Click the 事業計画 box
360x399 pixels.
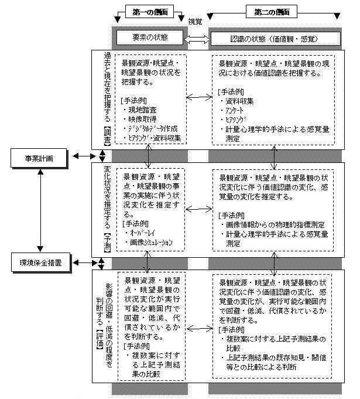pos(41,157)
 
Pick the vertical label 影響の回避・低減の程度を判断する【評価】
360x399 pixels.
pos(106,316)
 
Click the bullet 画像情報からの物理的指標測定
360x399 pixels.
pos(275,224)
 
